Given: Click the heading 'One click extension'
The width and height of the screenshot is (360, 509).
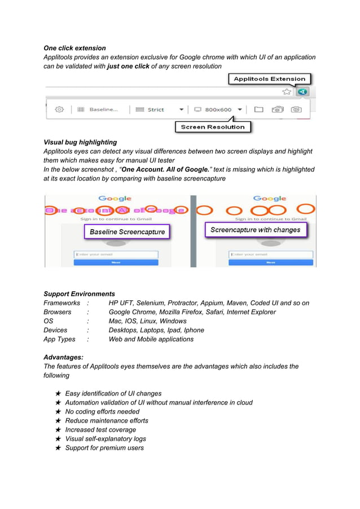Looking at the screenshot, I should [x=74, y=48].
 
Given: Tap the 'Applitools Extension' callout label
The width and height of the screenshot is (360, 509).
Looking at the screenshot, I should [x=269, y=79].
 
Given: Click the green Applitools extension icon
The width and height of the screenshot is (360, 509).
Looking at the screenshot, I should [x=303, y=92].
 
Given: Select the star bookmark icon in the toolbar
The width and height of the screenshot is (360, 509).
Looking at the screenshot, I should [x=287, y=92].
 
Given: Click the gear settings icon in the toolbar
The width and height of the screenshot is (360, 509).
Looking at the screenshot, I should [x=59, y=109].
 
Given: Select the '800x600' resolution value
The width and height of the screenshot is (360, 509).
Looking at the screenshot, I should [x=217, y=109].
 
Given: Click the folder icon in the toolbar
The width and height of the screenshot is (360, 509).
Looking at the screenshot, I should [x=258, y=109].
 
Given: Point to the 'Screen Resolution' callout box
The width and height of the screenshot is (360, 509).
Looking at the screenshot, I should [x=213, y=127].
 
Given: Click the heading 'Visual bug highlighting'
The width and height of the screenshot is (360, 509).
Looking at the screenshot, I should [x=80, y=142].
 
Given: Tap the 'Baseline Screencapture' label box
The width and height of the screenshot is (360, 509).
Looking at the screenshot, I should [x=127, y=231].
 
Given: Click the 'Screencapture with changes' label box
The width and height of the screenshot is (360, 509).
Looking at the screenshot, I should [x=255, y=230].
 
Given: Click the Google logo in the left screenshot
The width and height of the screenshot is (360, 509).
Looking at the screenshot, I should [x=115, y=199].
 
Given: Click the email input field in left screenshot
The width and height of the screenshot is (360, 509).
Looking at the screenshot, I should [x=115, y=254].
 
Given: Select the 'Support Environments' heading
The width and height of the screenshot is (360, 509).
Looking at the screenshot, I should [x=79, y=294].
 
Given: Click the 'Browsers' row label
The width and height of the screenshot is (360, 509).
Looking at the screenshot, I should [x=58, y=312].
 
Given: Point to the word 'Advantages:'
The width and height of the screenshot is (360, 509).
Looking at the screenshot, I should [x=63, y=357].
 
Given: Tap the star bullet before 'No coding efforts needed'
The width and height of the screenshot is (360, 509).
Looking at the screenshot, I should [x=58, y=412].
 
